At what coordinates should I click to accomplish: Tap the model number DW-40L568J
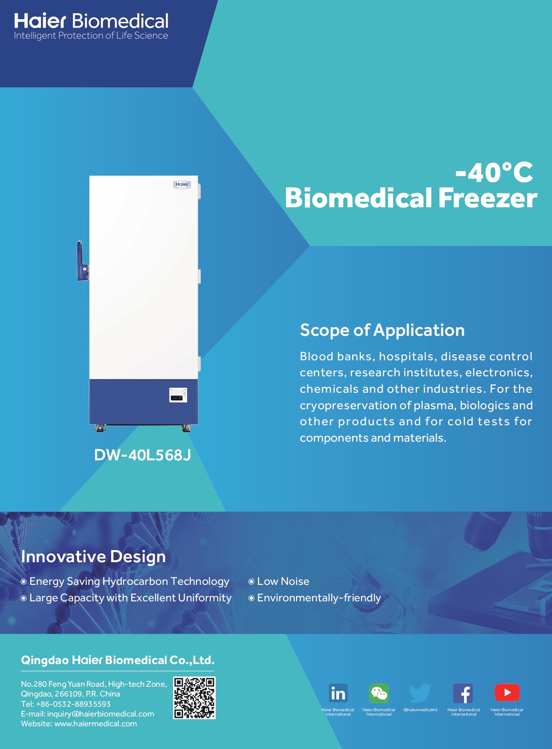coord(142,455)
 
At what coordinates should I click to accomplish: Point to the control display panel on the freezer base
coord(178,395)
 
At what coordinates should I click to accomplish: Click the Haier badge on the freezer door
coord(182,185)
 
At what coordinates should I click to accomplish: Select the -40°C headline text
coord(494,173)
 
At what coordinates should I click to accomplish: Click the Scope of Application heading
coord(382,330)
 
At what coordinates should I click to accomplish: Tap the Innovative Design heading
coord(93,556)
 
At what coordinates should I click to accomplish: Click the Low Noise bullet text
coord(283,581)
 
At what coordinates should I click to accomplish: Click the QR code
coord(194,698)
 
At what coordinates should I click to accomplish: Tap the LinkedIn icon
coord(338,693)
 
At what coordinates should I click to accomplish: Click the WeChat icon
coord(379,693)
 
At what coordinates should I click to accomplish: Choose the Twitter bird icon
coord(420,693)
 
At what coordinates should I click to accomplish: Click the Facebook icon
coord(463,693)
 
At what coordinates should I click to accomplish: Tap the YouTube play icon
coord(507,693)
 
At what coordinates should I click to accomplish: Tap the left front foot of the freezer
coord(99,428)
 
